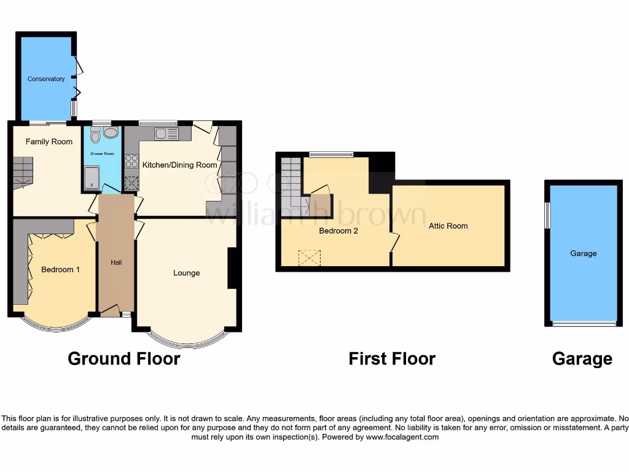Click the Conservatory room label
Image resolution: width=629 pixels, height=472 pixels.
point(46,79)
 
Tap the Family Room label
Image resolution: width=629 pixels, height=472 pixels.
point(49,141)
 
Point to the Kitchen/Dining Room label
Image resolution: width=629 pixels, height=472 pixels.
point(180,165)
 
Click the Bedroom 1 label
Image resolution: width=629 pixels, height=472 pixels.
point(61,269)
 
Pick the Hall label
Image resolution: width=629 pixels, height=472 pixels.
point(116,262)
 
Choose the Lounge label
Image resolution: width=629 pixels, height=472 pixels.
point(186,273)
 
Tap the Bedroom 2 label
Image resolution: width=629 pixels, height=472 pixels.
point(338,231)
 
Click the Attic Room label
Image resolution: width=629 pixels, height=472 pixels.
point(448,226)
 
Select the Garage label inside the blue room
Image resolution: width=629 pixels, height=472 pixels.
point(583,253)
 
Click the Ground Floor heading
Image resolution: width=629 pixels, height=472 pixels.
point(123,358)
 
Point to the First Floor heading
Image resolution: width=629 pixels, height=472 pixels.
point(392,358)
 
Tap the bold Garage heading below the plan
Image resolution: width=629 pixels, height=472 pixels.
point(582,358)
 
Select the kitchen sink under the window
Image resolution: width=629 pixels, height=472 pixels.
point(166,133)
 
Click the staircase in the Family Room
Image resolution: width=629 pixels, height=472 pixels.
point(22,171)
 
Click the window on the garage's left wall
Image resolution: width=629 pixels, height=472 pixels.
point(548,216)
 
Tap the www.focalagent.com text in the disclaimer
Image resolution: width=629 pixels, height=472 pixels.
point(403,437)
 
